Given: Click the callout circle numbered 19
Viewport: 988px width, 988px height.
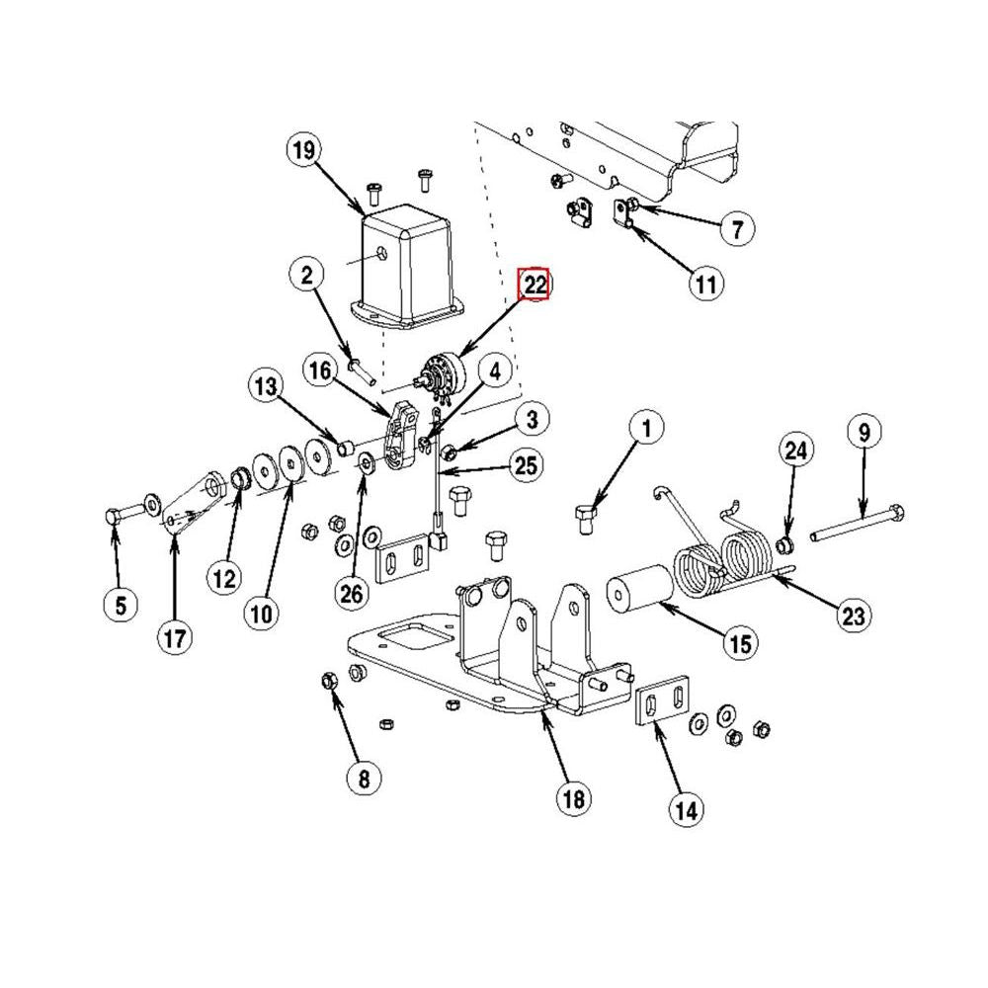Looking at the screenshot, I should point(303,150).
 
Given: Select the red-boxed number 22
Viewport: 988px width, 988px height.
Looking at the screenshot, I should point(535,285).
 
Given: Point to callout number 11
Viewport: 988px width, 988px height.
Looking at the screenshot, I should point(704,286).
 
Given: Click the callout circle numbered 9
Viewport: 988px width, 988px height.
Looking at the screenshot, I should point(864,432).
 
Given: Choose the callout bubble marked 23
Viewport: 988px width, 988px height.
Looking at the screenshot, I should point(854,617).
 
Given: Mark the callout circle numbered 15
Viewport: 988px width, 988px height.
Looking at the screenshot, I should point(740,645).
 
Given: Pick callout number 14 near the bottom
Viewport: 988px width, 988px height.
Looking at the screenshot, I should point(686,811).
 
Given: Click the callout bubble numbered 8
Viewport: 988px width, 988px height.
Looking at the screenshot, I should point(363,779).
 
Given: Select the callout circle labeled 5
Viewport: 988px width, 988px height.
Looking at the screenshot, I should point(120,604).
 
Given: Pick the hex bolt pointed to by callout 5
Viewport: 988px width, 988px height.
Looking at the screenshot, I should point(115,515).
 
